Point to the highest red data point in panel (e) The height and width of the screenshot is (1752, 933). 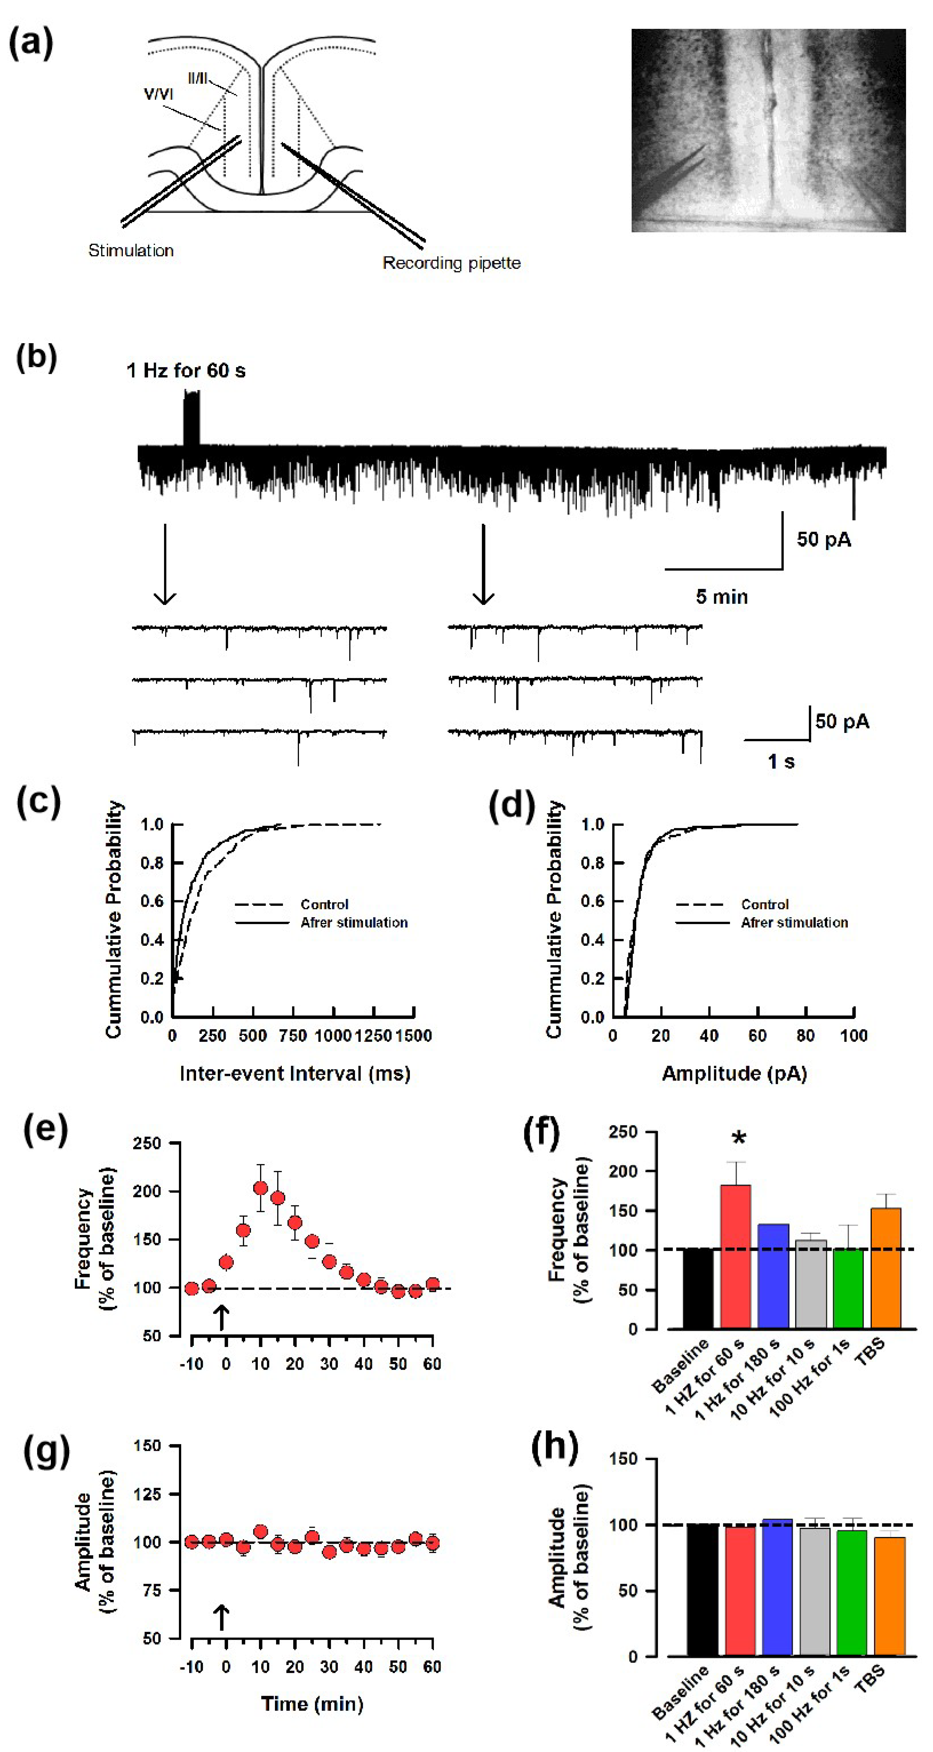pos(260,1187)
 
